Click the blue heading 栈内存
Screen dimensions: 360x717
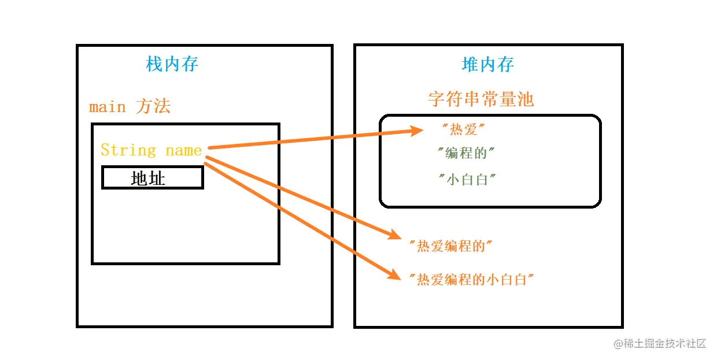[x=172, y=64]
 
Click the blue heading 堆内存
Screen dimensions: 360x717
[x=488, y=64]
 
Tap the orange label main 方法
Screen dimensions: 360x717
[x=130, y=107]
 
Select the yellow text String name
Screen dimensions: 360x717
[x=151, y=150]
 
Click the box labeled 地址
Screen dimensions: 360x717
[x=152, y=178]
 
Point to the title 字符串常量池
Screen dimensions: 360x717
[x=481, y=99]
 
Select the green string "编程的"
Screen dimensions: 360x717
[x=466, y=154]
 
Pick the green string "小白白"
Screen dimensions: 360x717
[x=468, y=179]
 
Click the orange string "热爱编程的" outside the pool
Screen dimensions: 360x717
[x=450, y=246]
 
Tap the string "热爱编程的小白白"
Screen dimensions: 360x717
[x=471, y=280]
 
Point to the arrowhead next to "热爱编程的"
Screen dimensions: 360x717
[x=395, y=235]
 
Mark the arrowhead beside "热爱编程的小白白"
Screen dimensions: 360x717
[x=395, y=275]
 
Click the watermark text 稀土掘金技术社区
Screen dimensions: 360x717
[x=664, y=343]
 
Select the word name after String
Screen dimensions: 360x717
[x=183, y=150]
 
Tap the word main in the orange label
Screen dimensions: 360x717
[x=107, y=107]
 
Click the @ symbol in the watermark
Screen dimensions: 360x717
[x=617, y=344]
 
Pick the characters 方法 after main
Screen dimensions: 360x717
[x=153, y=107]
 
